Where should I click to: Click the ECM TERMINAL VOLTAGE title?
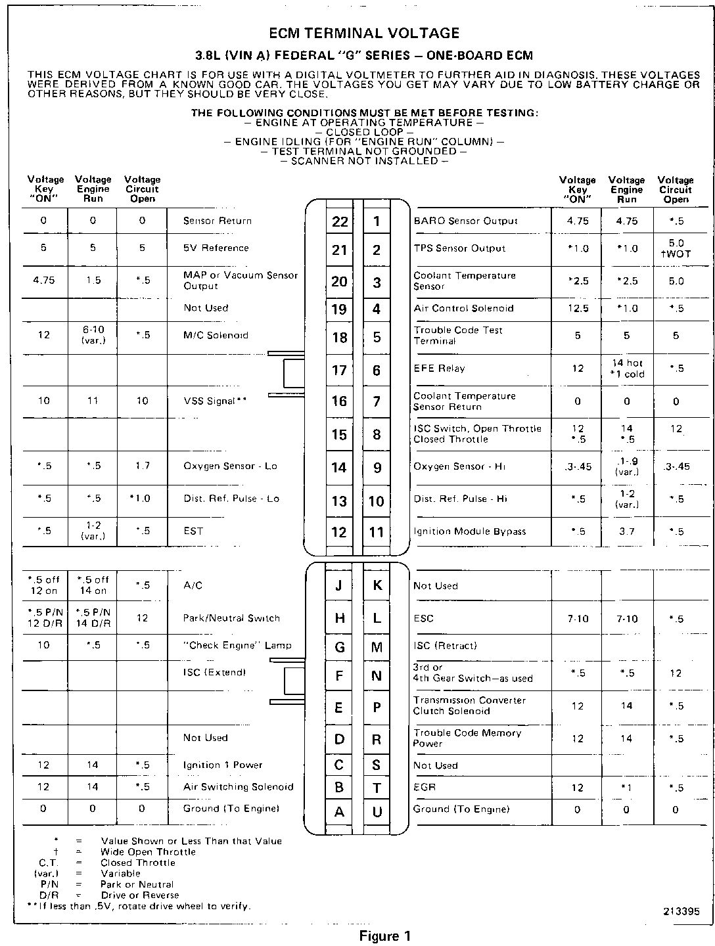click(x=364, y=33)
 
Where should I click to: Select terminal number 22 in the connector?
click(x=340, y=221)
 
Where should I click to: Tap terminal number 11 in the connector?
click(x=377, y=531)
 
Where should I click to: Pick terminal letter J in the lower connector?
click(x=339, y=585)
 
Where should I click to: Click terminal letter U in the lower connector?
click(x=377, y=812)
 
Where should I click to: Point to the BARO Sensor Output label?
click(x=465, y=221)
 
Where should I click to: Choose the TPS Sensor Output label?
click(x=459, y=248)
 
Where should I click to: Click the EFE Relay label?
click(x=439, y=369)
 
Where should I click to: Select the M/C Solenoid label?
click(x=216, y=335)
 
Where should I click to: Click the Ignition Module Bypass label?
click(x=469, y=531)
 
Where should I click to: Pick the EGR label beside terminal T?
click(x=425, y=787)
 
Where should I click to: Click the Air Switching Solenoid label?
click(x=238, y=787)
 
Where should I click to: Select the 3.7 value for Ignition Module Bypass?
click(x=626, y=531)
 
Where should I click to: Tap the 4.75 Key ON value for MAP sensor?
click(x=44, y=280)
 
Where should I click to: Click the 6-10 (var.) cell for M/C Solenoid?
click(x=93, y=335)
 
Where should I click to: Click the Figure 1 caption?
click(x=384, y=936)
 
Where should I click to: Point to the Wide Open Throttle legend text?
click(x=148, y=852)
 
